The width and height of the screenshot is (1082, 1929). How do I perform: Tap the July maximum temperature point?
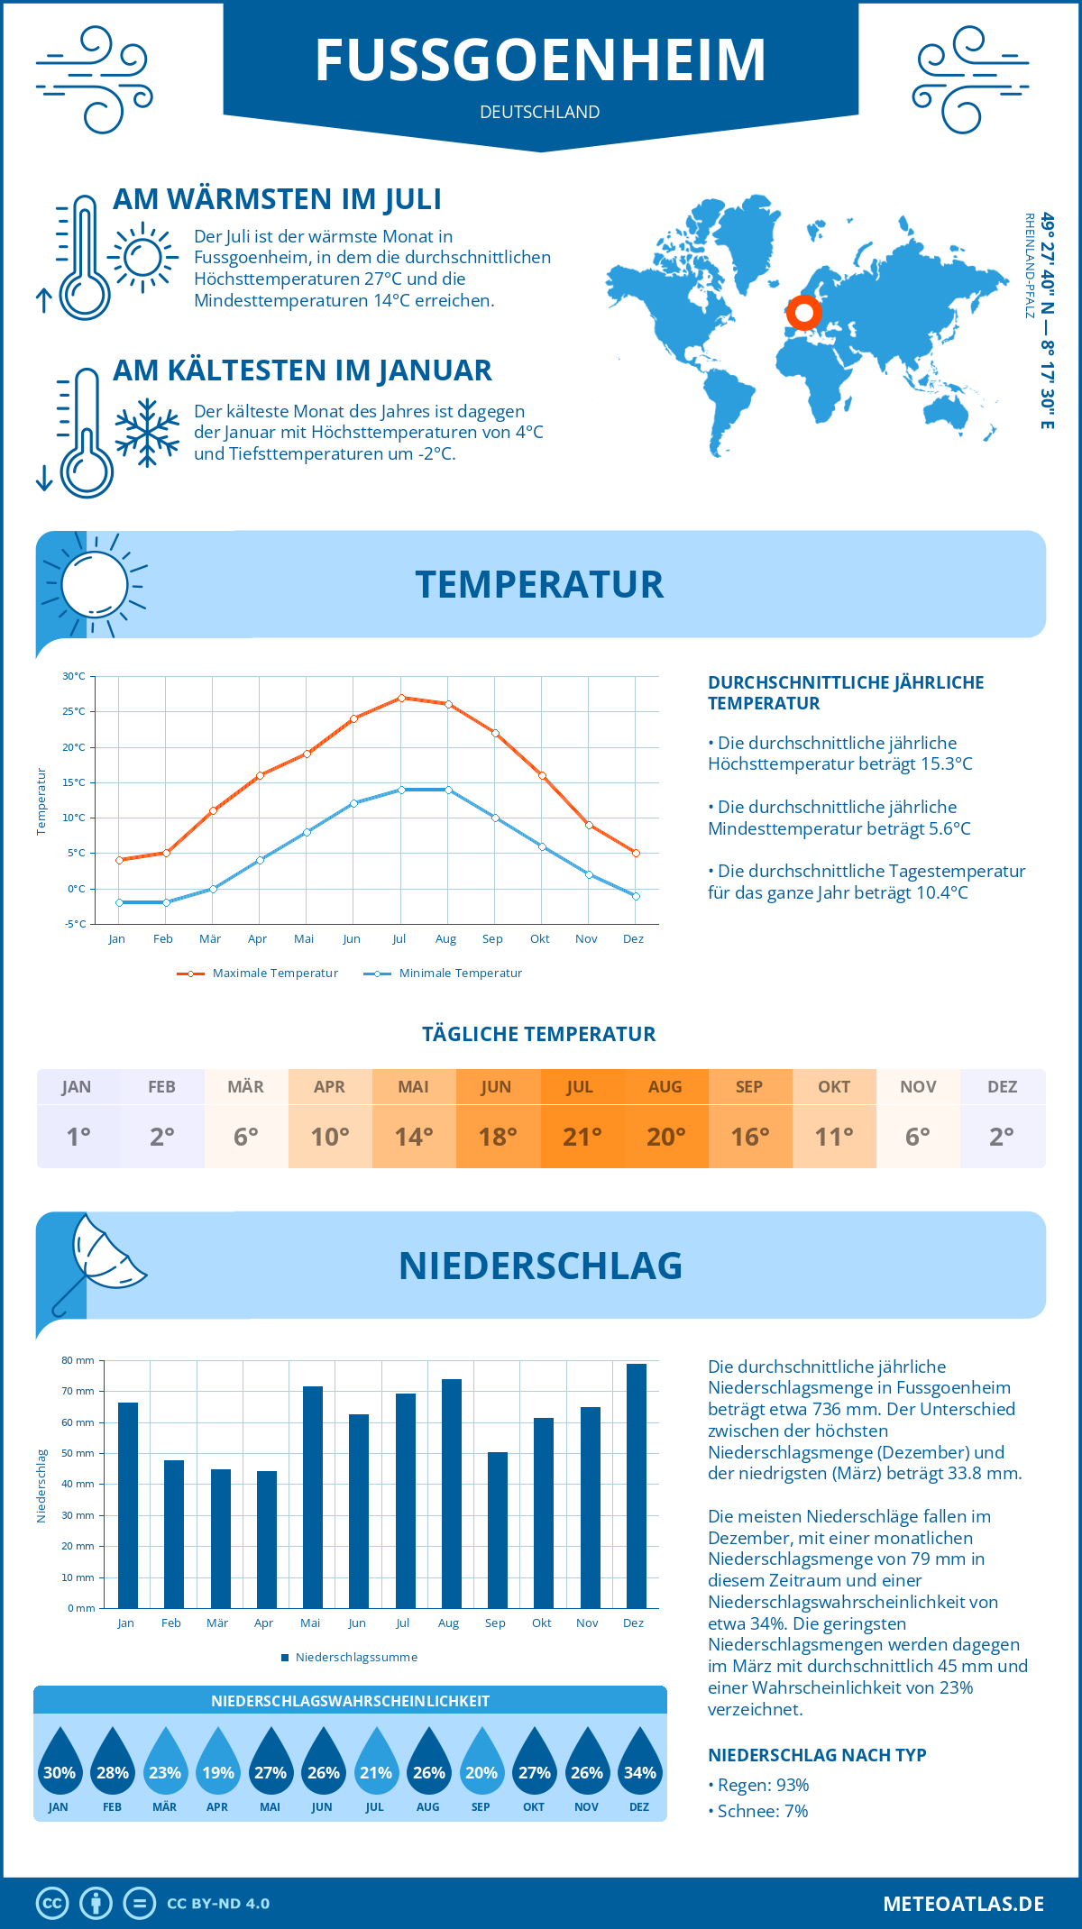click(x=401, y=698)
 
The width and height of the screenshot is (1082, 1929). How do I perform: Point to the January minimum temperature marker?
click(x=119, y=902)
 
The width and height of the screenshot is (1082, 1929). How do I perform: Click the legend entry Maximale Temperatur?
click(x=258, y=974)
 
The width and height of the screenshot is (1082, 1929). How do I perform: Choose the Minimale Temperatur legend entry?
click(x=444, y=974)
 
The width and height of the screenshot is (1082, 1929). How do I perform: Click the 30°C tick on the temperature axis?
click(x=74, y=676)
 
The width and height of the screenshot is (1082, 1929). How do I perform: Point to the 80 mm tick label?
click(x=78, y=1360)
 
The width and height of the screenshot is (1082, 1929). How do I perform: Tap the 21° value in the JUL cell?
click(x=582, y=1137)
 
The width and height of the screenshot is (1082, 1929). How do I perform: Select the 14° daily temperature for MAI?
click(x=414, y=1137)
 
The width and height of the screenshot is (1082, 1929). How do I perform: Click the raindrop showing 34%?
click(x=640, y=1768)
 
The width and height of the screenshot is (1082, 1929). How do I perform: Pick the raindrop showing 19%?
click(x=218, y=1768)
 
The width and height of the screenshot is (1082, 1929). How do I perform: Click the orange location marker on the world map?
click(x=803, y=314)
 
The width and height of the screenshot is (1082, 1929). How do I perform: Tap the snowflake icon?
click(x=147, y=432)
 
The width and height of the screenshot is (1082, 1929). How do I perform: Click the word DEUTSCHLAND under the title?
click(x=540, y=112)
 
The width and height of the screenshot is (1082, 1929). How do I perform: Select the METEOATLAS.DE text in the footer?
click(x=963, y=1904)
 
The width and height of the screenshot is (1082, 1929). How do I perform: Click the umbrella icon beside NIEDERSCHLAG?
click(x=99, y=1257)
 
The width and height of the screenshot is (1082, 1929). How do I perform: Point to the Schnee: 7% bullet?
click(x=758, y=1811)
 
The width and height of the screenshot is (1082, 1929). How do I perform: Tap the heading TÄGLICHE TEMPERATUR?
click(x=539, y=1034)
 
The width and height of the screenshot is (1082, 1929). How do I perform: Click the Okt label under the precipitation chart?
click(x=541, y=1623)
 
